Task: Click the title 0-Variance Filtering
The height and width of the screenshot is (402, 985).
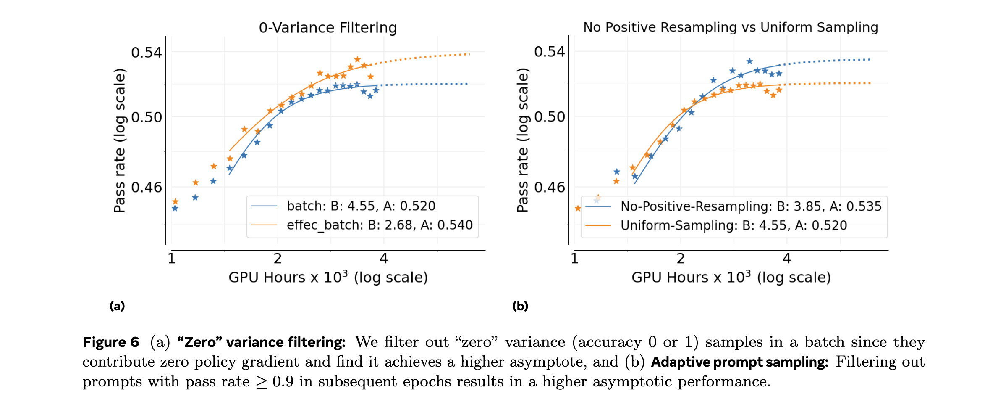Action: (327, 28)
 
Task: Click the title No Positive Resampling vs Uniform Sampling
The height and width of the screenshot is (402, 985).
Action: (731, 27)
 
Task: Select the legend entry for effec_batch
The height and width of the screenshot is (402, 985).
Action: (379, 225)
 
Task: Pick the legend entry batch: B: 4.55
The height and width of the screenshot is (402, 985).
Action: (361, 206)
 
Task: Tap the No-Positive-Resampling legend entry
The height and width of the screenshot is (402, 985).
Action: (751, 206)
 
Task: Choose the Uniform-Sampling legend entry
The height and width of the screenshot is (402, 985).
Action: (734, 225)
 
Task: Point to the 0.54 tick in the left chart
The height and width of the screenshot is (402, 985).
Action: (146, 53)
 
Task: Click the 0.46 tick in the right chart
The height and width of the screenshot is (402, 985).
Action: (549, 187)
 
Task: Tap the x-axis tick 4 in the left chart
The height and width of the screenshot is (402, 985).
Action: (383, 259)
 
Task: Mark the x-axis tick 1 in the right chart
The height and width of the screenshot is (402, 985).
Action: (574, 259)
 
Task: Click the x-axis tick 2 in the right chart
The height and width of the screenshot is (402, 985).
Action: (681, 259)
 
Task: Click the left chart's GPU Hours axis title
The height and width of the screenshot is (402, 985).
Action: (328, 278)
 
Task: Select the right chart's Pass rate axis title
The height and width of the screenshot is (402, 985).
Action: (522, 140)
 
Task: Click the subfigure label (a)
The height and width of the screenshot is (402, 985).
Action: (117, 306)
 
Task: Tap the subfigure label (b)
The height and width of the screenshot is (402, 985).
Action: (520, 306)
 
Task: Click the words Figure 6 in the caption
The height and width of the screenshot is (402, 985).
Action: (111, 342)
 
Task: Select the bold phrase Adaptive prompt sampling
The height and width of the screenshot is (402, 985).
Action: (739, 362)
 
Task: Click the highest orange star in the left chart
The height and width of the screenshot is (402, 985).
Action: (357, 60)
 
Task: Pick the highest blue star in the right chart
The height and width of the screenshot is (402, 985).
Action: (749, 61)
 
